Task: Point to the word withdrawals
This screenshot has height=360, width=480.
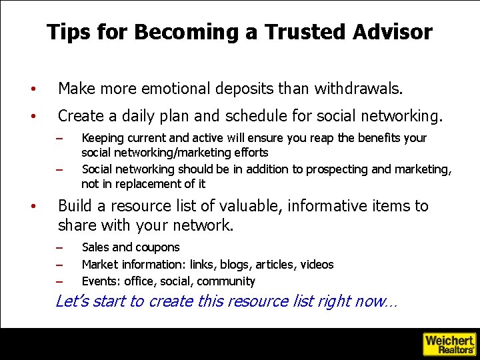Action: [358, 88]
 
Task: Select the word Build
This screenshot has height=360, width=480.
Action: [76, 206]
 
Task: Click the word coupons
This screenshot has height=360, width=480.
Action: [157, 247]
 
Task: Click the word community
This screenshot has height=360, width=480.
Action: [226, 281]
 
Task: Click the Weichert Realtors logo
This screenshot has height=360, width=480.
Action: [449, 343]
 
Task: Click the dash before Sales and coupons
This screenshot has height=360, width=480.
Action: [59, 248]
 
